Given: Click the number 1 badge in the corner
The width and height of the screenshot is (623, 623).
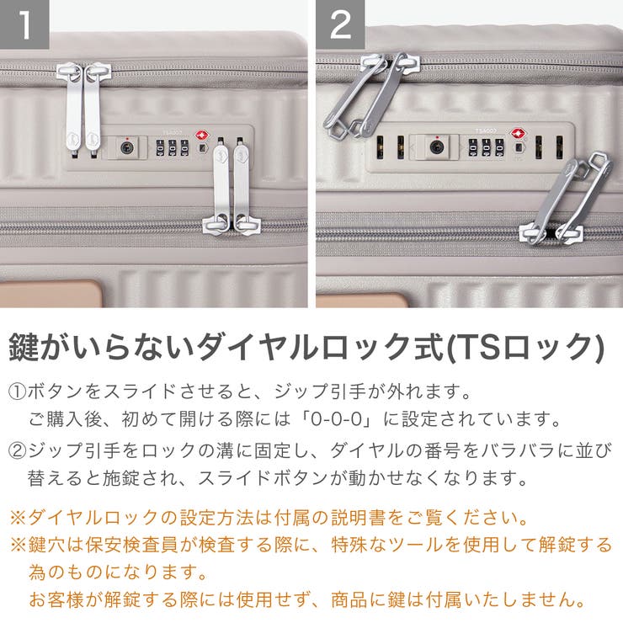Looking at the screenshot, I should tap(24, 24).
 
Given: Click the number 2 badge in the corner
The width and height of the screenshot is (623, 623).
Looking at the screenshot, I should tap(340, 24).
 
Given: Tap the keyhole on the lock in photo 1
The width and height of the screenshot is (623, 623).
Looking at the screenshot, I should tap(127, 148).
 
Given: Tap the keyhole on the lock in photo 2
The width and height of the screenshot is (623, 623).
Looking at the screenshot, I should tap(436, 146).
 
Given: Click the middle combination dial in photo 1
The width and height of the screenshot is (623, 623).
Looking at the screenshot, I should tap(172, 148).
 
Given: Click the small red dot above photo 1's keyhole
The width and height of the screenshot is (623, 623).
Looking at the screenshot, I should tap(127, 137).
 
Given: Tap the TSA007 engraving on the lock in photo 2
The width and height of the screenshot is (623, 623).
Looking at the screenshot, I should tap(487, 130).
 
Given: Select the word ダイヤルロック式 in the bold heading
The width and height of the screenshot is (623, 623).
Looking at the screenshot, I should tap(330, 346).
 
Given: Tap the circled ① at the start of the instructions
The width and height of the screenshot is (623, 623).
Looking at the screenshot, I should tap(19, 392).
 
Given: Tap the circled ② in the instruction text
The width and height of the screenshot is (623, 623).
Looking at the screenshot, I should tap(19, 450).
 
